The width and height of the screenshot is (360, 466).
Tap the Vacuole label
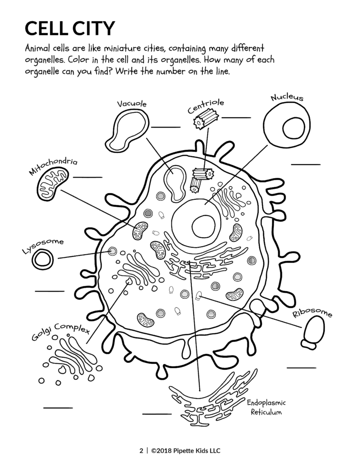[132, 104]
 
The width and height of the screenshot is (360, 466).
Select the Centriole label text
[205, 106]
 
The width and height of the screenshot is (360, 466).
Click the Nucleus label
[287, 98]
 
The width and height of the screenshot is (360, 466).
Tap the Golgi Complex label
[60, 331]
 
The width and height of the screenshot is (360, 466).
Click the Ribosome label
[313, 313]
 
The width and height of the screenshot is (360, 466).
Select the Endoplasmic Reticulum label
[266, 407]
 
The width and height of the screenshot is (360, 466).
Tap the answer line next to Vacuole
[165, 127]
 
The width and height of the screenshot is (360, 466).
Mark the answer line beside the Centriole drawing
[236, 117]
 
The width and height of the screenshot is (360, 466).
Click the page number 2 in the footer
[141, 451]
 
